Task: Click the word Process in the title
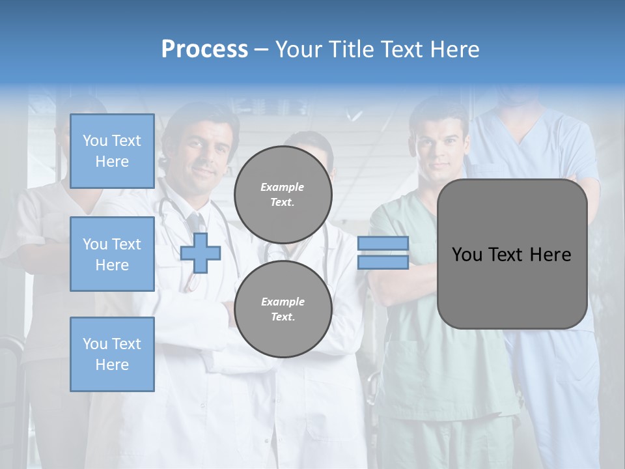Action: [204, 50]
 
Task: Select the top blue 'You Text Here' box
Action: [112, 151]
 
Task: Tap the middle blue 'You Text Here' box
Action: [112, 254]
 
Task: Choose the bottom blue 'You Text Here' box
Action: [112, 354]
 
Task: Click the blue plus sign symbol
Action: [201, 253]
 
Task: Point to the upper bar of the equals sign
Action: [383, 243]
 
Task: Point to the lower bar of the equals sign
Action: [383, 263]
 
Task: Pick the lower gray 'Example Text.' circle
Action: [283, 309]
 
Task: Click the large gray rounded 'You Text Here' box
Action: [512, 254]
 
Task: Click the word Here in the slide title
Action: [452, 50]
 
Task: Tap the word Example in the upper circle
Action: [283, 187]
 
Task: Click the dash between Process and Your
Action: [262, 50]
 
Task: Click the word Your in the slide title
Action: [298, 50]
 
